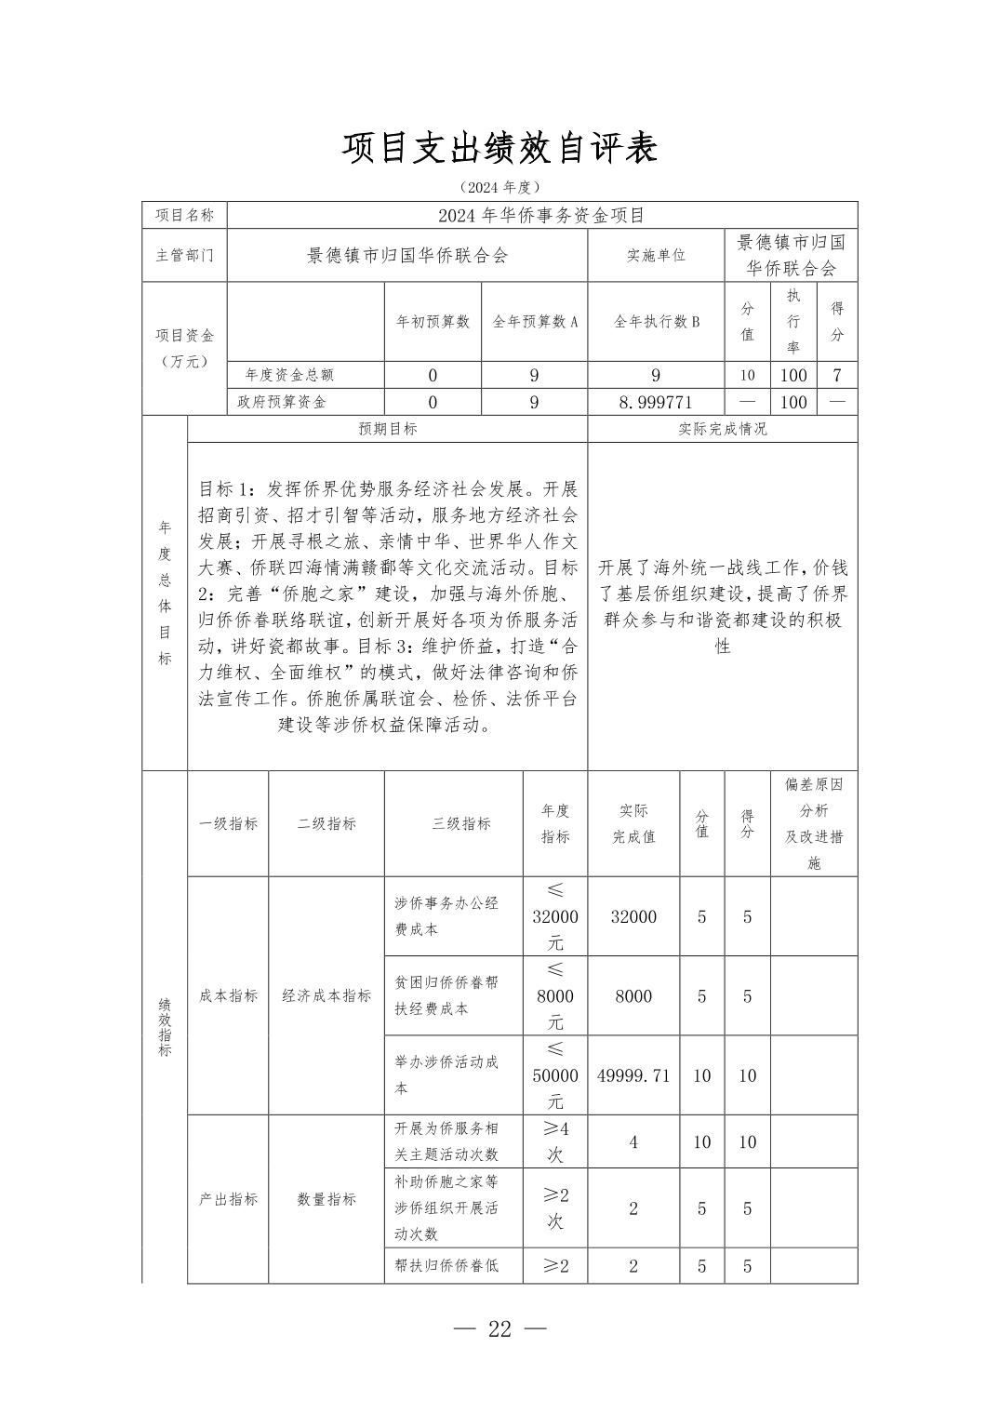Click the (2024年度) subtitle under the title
499,187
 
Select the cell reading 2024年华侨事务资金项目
541,216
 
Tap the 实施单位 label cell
655,255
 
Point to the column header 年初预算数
433,322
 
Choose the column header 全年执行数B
655,322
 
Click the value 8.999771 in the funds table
655,402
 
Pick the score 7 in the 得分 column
837,376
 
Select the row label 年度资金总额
288,376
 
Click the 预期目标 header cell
387,429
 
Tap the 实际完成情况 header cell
722,429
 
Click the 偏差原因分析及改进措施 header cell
814,823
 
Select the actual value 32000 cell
633,916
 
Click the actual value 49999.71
633,1075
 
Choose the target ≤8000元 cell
555,995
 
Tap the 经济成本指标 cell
326,995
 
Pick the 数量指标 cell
326,1199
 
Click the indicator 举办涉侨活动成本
446,1074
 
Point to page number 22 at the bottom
499,1328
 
